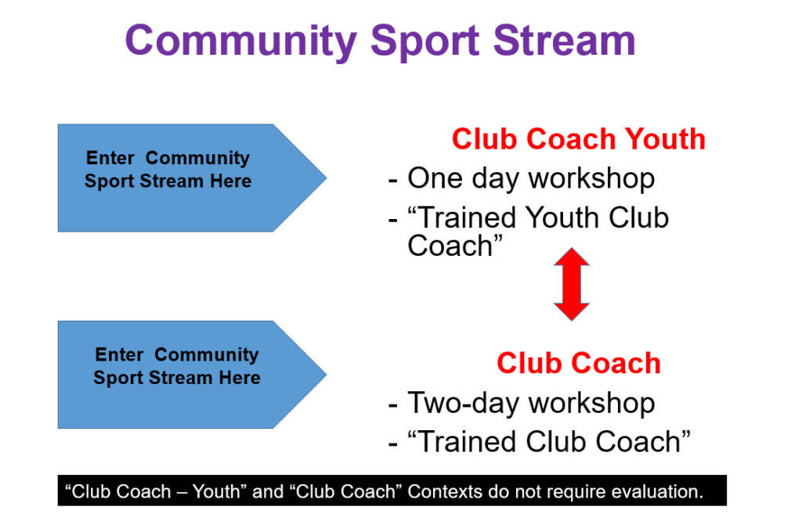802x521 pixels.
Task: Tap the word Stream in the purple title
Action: [x=564, y=41]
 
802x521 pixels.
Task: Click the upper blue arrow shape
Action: [x=192, y=178]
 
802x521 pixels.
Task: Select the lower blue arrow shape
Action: [x=192, y=375]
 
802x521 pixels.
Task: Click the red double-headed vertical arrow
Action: [x=571, y=284]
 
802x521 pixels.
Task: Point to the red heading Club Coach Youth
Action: [x=579, y=139]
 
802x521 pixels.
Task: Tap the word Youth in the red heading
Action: [x=665, y=139]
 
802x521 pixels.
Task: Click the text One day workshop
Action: [x=531, y=179]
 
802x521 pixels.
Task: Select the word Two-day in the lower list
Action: [x=463, y=404]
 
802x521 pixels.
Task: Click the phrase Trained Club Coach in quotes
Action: [x=549, y=441]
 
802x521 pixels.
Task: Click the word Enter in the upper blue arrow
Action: [x=110, y=158]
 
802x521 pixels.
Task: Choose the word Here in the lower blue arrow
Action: [x=240, y=378]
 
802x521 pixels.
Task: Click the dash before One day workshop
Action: [x=393, y=180]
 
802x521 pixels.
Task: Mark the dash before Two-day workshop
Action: [x=393, y=405]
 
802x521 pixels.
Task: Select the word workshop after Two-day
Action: [x=592, y=404]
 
